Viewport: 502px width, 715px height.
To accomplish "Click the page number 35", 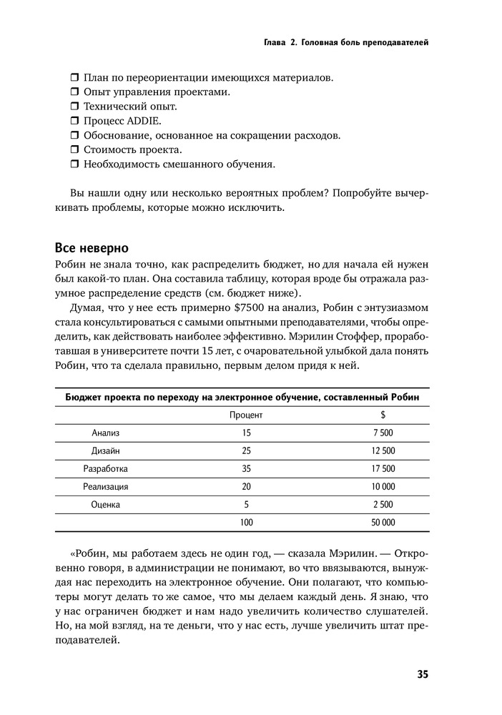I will [x=422, y=674].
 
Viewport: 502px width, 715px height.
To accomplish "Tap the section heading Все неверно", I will [x=92, y=248].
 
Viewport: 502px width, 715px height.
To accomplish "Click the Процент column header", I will [x=246, y=415].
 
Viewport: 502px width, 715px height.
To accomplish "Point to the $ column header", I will [x=383, y=415].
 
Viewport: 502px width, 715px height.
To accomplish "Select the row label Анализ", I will [x=106, y=433].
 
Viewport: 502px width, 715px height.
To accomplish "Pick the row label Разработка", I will [x=105, y=468].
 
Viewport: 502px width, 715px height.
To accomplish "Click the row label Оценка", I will [x=106, y=504].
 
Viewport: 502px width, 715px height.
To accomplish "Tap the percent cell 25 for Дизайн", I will [x=247, y=450].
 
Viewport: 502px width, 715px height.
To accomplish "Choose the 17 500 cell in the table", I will [x=383, y=468].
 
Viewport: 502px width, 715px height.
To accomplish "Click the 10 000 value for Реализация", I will [x=383, y=486].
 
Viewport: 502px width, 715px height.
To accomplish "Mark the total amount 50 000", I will [x=383, y=523].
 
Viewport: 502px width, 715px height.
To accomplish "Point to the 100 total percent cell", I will [x=247, y=523].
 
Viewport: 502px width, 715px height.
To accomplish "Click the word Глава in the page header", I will [x=275, y=43].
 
